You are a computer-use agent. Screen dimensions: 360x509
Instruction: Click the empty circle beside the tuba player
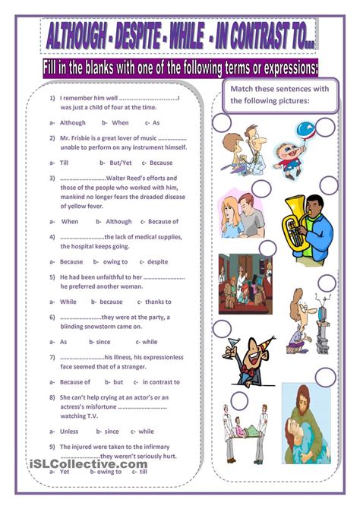[261, 189]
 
